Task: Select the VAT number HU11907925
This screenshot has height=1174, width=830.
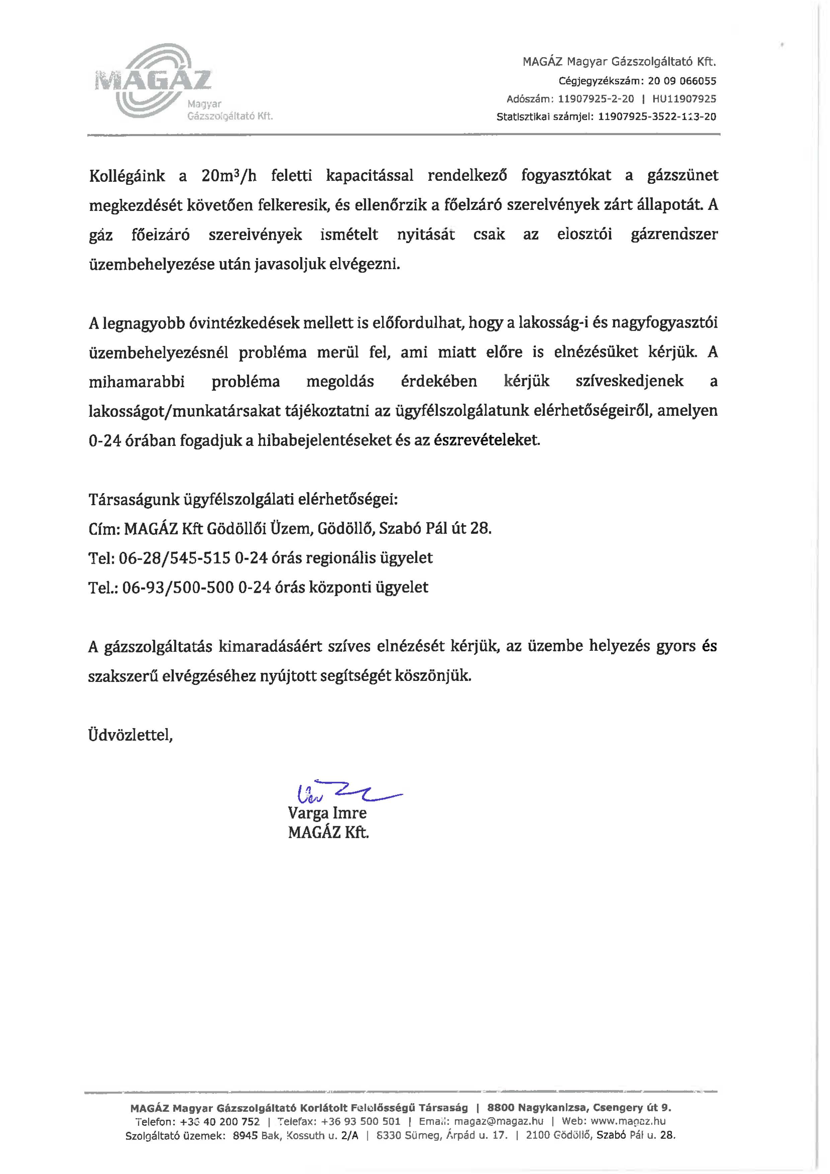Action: click(684, 99)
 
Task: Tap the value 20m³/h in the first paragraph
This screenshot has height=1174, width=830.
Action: click(229, 176)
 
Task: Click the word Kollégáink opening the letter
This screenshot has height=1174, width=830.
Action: click(127, 176)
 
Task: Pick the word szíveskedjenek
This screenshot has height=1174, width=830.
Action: click(629, 381)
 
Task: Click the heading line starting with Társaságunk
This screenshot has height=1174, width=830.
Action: click(243, 499)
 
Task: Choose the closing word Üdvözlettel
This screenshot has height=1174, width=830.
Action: click(130, 735)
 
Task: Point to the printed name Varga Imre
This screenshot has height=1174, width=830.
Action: click(327, 813)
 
